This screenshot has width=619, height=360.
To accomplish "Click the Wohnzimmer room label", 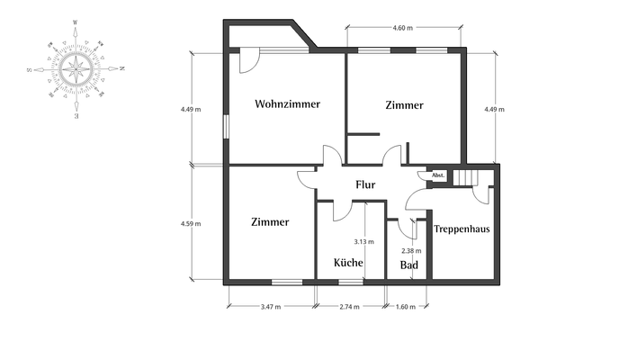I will coord(287,104).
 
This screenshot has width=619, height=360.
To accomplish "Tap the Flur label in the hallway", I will coord(365,185).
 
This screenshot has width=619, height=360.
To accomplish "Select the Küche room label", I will coord(348,264).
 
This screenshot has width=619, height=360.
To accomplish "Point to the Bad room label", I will coord(409,265).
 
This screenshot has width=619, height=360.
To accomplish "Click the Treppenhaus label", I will coord(462,229).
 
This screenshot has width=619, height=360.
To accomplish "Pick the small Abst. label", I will coord(439,175).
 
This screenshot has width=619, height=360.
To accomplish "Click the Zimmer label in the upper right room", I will coord(404,105).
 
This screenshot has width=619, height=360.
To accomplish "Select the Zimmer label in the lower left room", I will coord(270,221).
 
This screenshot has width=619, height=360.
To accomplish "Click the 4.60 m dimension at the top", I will coord(403,29).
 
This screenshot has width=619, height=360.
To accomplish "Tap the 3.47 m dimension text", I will coord(270,307).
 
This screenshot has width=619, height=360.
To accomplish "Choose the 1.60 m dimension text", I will coord(406,307).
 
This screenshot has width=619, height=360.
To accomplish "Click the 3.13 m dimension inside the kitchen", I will coord(363,241).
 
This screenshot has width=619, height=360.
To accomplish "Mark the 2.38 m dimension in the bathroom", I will coord(411,251).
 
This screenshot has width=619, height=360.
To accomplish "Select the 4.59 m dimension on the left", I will coord(191,223).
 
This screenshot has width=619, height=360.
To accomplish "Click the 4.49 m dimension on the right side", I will coord(494,109).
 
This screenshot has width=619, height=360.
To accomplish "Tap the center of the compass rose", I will coord(76,68).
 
